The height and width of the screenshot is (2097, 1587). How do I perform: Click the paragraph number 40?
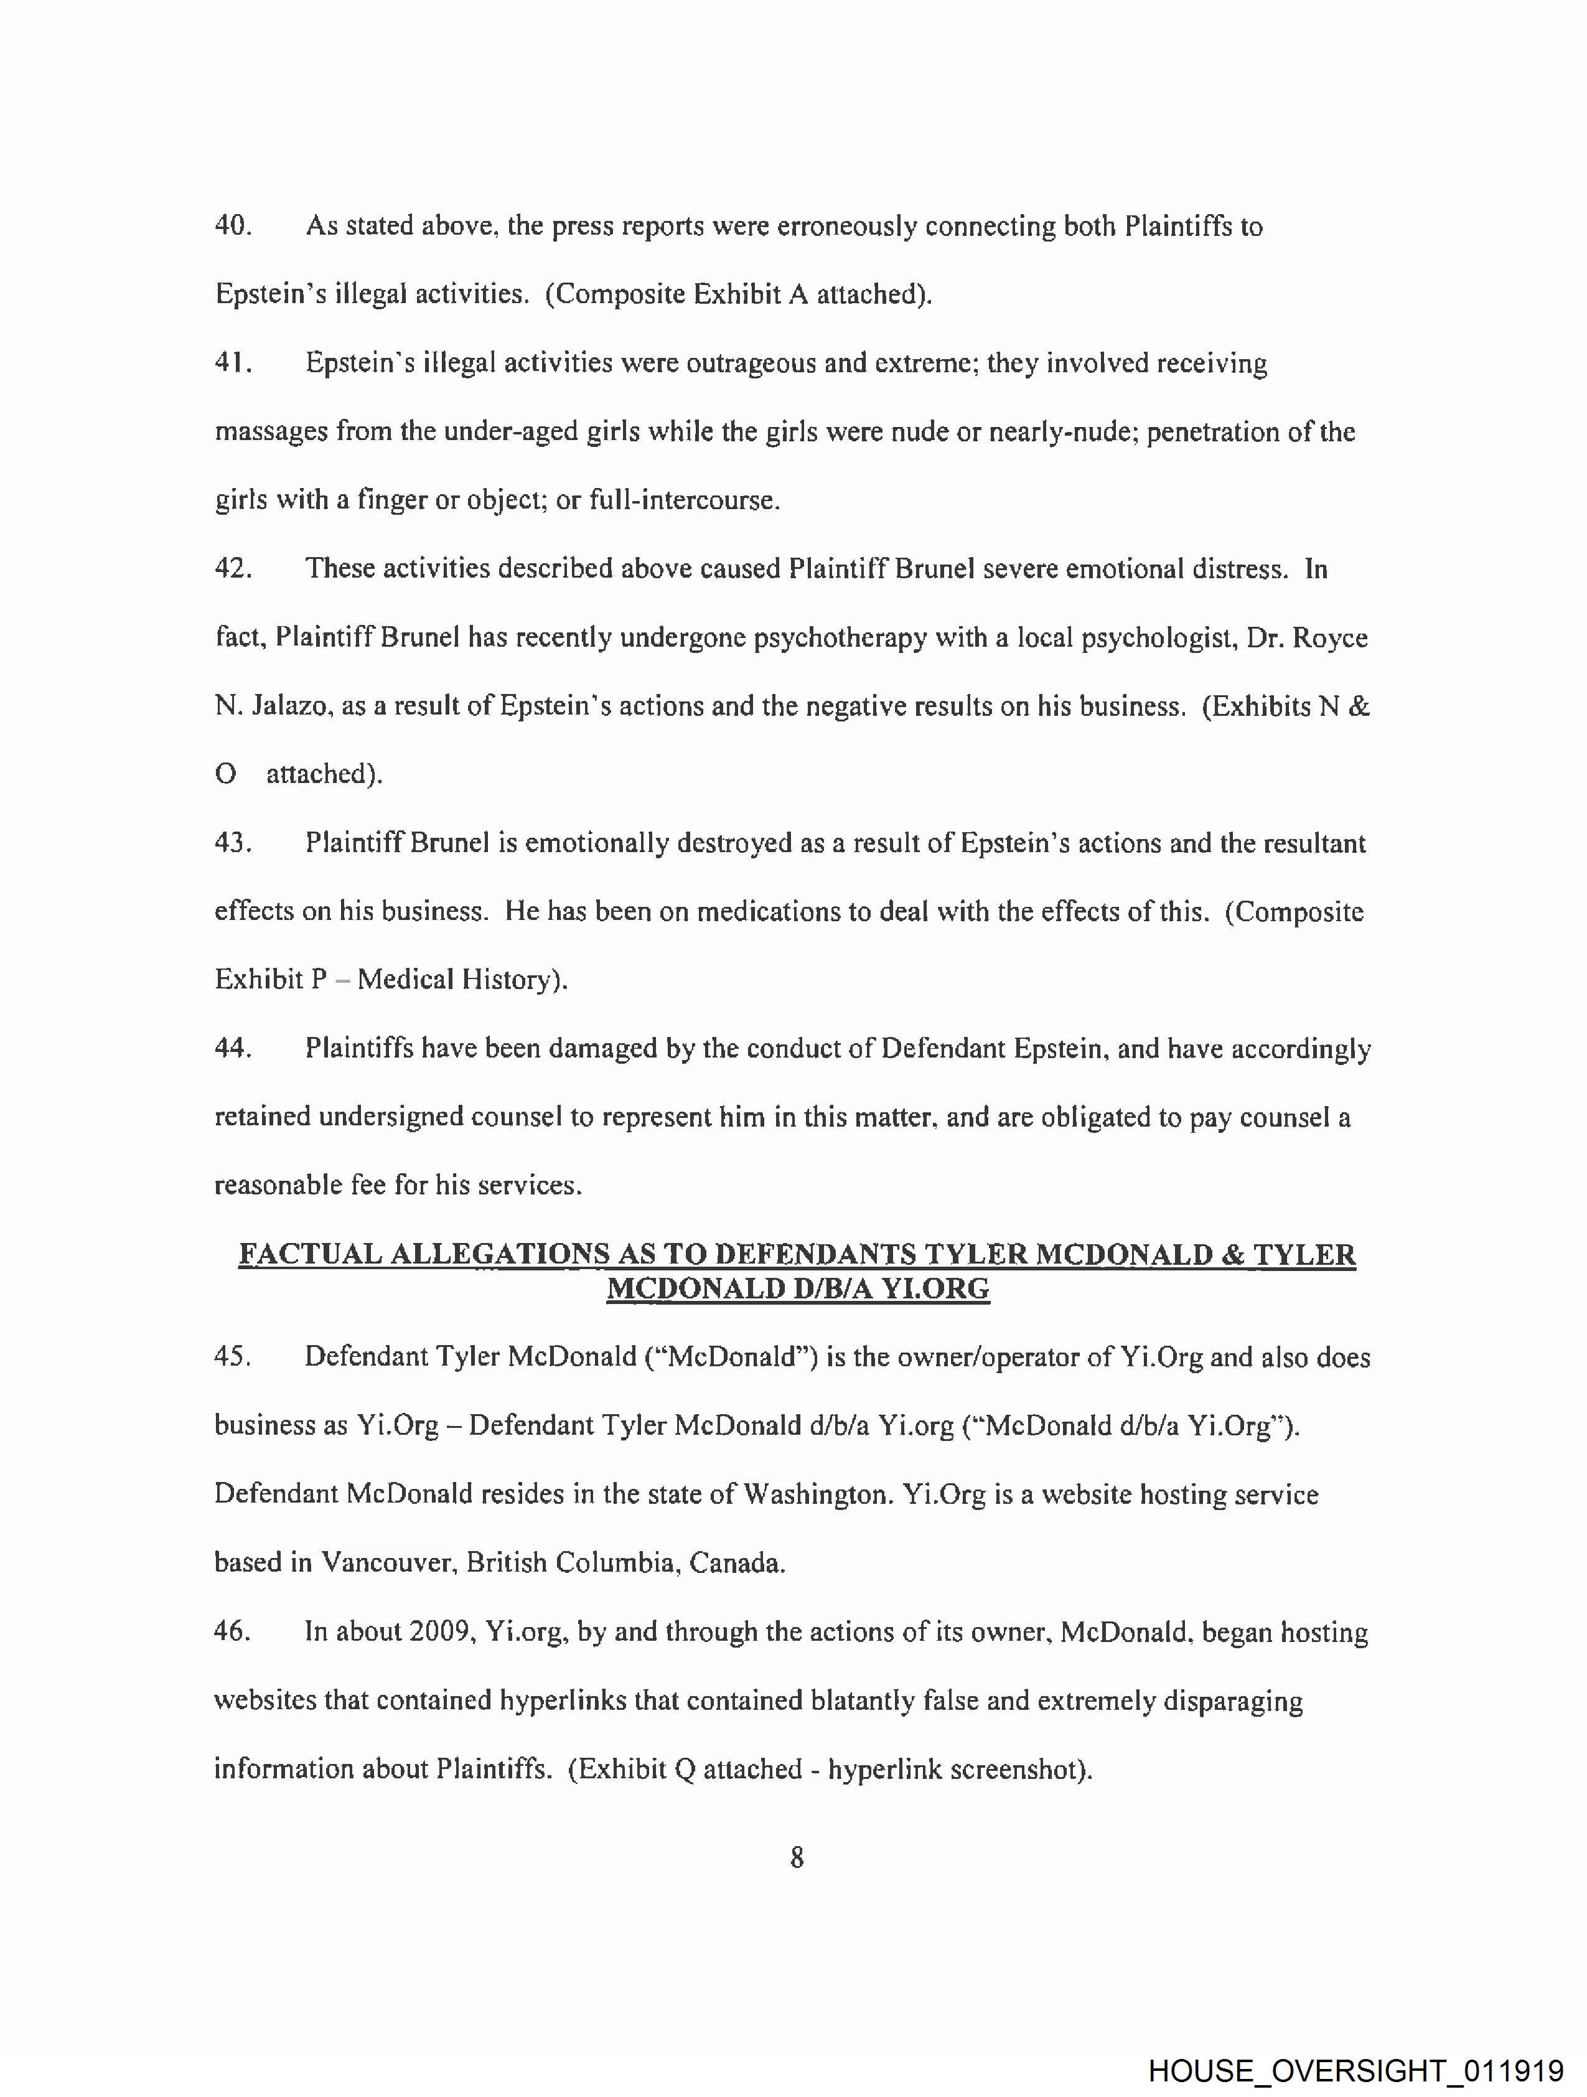coord(232,227)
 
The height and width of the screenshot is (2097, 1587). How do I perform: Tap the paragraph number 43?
coord(232,843)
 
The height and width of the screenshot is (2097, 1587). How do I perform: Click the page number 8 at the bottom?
coord(797,1857)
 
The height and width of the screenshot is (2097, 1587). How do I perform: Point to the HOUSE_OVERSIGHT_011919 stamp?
coord(1355,2070)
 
